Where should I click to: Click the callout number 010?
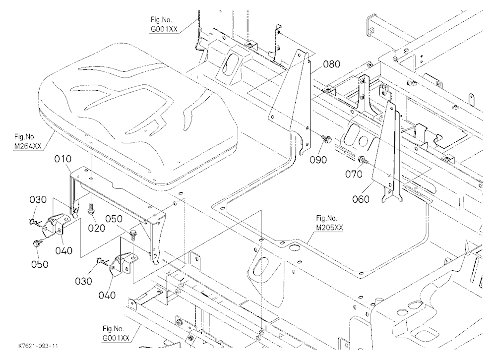click(62, 159)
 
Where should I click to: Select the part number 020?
click(97, 228)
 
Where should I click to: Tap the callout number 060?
click(361, 199)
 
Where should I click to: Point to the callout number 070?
click(354, 174)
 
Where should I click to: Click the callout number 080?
click(331, 64)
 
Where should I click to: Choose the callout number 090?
click(318, 160)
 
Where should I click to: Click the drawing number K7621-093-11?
click(38, 346)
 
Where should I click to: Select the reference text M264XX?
click(28, 146)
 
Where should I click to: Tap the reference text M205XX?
click(329, 228)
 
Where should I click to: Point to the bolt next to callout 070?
click(364, 159)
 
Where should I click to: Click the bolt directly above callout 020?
click(90, 208)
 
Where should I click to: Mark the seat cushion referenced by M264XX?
click(137, 114)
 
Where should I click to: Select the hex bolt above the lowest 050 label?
click(35, 244)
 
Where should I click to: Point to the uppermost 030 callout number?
click(38, 200)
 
